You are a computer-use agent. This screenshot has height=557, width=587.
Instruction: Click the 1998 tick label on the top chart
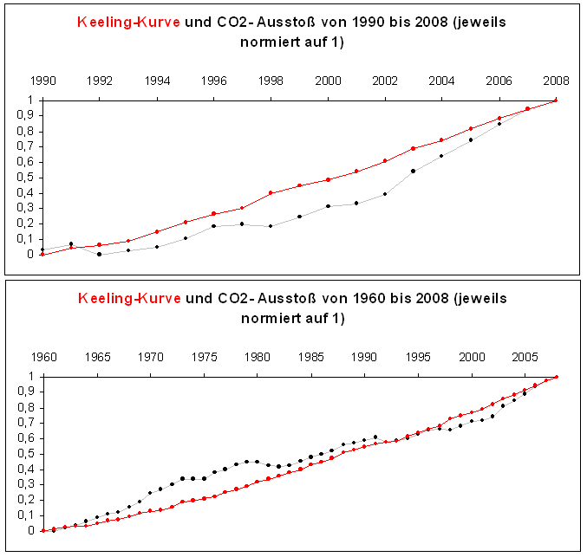coord(271,81)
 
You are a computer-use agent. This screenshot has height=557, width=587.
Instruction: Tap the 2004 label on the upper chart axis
coord(441,81)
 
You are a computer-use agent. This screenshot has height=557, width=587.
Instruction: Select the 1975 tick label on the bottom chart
coord(204,357)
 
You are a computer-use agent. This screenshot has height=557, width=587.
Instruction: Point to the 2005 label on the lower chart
coord(525,357)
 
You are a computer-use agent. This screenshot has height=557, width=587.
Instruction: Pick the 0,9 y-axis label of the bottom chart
coord(26,392)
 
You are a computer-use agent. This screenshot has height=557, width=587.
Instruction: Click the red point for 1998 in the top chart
coord(271,192)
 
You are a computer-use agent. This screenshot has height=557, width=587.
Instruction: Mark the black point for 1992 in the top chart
coord(100,254)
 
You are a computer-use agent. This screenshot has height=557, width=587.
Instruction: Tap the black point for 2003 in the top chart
coord(413,171)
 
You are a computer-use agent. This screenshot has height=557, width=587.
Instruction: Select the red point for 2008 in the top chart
coord(555,100)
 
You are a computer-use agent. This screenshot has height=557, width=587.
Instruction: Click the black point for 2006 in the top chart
coord(499,124)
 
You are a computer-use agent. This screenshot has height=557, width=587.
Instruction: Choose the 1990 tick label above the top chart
coord(43,81)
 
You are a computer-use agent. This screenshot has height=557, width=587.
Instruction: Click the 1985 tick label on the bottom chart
coord(310,357)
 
